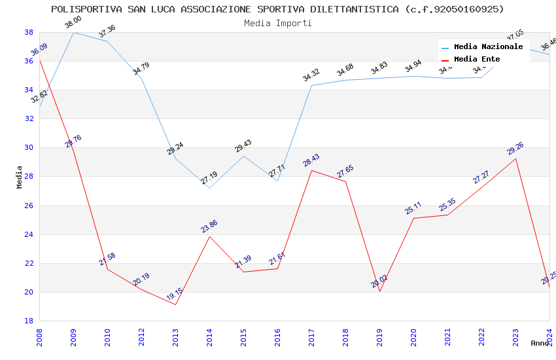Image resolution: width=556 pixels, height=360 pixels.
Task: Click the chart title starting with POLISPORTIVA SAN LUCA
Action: tap(277, 9)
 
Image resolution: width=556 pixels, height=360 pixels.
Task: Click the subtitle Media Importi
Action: tap(277, 23)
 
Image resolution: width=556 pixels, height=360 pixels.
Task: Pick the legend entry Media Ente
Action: tap(477, 59)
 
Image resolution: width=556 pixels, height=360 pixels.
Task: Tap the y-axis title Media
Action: tap(20, 177)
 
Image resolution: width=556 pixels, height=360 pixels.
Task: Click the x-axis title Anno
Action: tap(540, 343)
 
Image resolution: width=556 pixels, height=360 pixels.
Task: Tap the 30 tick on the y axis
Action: tap(29, 147)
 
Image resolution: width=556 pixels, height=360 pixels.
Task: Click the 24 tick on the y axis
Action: tap(29, 234)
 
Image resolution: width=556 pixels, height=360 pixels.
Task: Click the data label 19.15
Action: tap(174, 294)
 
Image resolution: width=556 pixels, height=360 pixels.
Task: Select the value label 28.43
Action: tap(311, 160)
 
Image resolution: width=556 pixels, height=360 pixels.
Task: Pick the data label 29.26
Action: tap(515, 149)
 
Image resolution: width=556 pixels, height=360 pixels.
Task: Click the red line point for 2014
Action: tap(209, 236)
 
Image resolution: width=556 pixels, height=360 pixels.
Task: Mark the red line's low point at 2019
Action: tap(379, 291)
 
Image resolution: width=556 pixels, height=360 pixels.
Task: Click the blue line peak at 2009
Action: tap(73, 32)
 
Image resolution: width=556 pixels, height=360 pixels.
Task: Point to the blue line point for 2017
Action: tap(311, 85)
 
